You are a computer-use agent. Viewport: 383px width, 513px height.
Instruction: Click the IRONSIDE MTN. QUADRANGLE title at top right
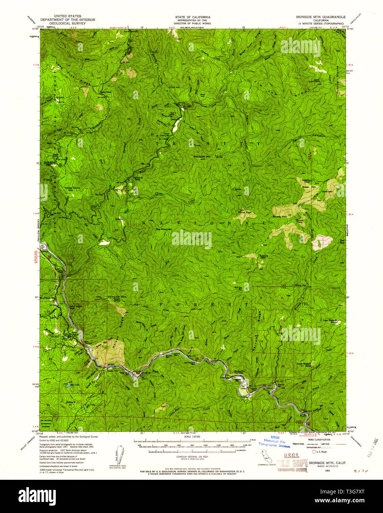(x=321, y=17)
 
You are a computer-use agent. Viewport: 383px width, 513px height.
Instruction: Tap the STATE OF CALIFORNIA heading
(x=193, y=17)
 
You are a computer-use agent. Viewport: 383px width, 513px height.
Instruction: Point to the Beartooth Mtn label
(x=202, y=156)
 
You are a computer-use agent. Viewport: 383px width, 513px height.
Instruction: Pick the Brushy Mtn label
(x=279, y=217)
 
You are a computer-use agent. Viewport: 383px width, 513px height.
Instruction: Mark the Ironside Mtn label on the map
(x=117, y=296)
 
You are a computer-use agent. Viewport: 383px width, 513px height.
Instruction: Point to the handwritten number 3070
(x=360, y=471)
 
